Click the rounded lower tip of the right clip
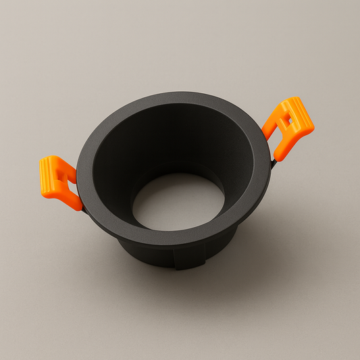(278, 155)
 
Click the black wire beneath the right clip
(273, 162)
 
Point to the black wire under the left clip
(84, 209)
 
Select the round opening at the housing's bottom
(178, 201)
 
